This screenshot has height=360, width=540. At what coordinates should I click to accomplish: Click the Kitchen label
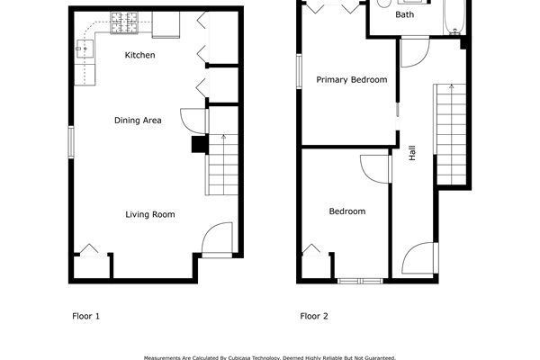[x=139, y=56]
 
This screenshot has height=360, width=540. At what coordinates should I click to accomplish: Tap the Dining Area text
[x=138, y=120]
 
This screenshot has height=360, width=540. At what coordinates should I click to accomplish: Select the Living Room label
[x=149, y=214]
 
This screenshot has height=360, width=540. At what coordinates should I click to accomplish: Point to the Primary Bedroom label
[x=351, y=80]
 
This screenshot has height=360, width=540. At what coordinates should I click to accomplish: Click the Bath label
[x=405, y=15]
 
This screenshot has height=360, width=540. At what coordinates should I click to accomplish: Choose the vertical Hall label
[x=412, y=153]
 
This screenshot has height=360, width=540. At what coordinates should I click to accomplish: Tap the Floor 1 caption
[x=85, y=316]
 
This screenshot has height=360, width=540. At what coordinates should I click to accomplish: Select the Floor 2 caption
[x=314, y=316]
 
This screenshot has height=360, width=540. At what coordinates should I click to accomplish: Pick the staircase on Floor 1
[x=222, y=165]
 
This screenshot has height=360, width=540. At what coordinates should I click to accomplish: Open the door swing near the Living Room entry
[x=217, y=241]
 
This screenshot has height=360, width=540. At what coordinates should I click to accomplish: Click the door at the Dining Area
[x=194, y=122]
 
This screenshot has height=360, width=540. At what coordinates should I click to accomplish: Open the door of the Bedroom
[x=374, y=168]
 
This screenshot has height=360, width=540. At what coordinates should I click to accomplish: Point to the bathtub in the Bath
[x=453, y=15]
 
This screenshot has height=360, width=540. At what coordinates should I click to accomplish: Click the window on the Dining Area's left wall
[x=71, y=142]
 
